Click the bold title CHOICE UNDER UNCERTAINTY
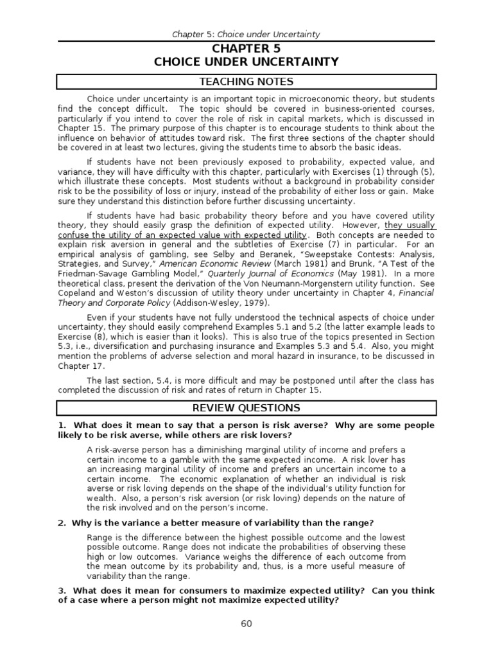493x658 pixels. tap(246, 62)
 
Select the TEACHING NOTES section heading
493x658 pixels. tap(246, 82)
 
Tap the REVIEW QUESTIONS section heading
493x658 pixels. tap(246, 408)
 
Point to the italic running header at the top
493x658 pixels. tap(246, 34)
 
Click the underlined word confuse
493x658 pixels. tap(73, 235)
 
